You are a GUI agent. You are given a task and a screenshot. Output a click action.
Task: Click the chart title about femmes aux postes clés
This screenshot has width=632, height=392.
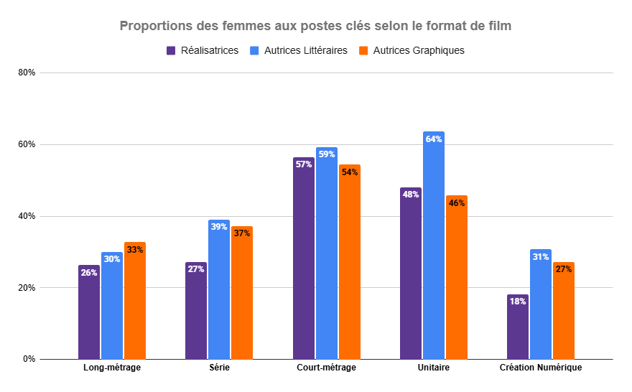(315, 27)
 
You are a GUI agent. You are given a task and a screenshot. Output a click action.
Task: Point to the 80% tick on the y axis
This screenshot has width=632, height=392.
(27, 73)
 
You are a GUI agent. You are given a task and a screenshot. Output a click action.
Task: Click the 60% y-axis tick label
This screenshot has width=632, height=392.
(27, 144)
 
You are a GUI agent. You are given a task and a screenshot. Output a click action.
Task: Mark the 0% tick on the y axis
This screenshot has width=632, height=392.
(29, 359)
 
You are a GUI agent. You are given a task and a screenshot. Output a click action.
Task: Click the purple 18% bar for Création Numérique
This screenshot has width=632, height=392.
(518, 327)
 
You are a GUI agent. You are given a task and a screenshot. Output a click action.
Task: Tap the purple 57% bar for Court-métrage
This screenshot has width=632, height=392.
(304, 258)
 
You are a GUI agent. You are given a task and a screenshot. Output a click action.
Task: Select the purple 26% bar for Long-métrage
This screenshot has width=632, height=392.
(89, 312)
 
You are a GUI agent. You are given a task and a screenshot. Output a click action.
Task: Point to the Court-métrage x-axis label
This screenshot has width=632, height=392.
(326, 368)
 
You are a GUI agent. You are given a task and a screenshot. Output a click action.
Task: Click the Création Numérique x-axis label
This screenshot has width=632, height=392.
(541, 368)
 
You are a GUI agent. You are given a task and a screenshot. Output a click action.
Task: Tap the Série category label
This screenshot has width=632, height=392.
(219, 368)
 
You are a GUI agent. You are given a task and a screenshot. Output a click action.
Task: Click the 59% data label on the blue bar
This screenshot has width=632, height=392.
(327, 154)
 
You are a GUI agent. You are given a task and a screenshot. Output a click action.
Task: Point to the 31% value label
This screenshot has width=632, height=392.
(541, 257)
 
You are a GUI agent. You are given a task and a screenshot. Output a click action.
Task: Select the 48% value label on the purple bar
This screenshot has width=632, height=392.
(411, 195)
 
